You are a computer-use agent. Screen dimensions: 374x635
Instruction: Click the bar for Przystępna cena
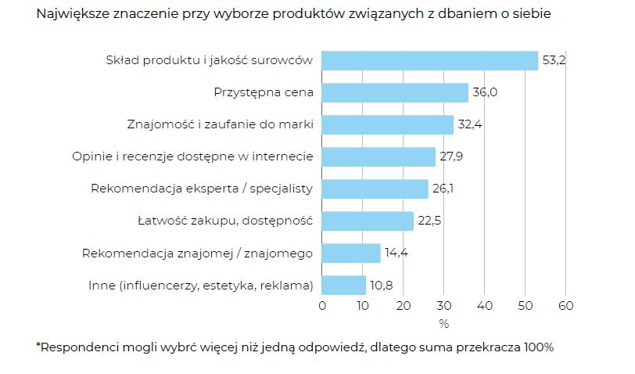[395, 92]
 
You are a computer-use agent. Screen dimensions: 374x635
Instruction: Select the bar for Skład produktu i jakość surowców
[430, 60]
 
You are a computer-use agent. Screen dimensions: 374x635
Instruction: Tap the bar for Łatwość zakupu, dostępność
[368, 221]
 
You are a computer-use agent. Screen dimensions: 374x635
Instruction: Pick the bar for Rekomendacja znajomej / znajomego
[351, 253]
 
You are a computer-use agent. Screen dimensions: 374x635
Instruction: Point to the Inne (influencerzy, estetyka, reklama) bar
[344, 285]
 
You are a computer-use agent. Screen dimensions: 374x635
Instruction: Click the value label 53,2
[554, 60]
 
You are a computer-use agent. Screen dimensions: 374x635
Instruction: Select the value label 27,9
[452, 156]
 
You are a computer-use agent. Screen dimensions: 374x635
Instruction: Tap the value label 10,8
[381, 285]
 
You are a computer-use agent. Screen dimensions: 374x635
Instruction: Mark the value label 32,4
[469, 124]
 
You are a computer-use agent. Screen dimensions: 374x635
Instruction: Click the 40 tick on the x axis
[485, 305]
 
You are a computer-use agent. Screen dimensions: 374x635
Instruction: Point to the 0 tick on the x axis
[322, 305]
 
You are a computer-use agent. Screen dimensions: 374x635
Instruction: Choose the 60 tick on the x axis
[565, 305]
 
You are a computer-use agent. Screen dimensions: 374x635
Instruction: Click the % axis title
[443, 323]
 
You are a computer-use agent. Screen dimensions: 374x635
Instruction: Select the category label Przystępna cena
[264, 92]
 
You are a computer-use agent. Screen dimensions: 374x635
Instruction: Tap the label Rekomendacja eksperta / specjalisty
[202, 189]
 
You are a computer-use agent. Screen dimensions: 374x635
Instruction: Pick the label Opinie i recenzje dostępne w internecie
[192, 156]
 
